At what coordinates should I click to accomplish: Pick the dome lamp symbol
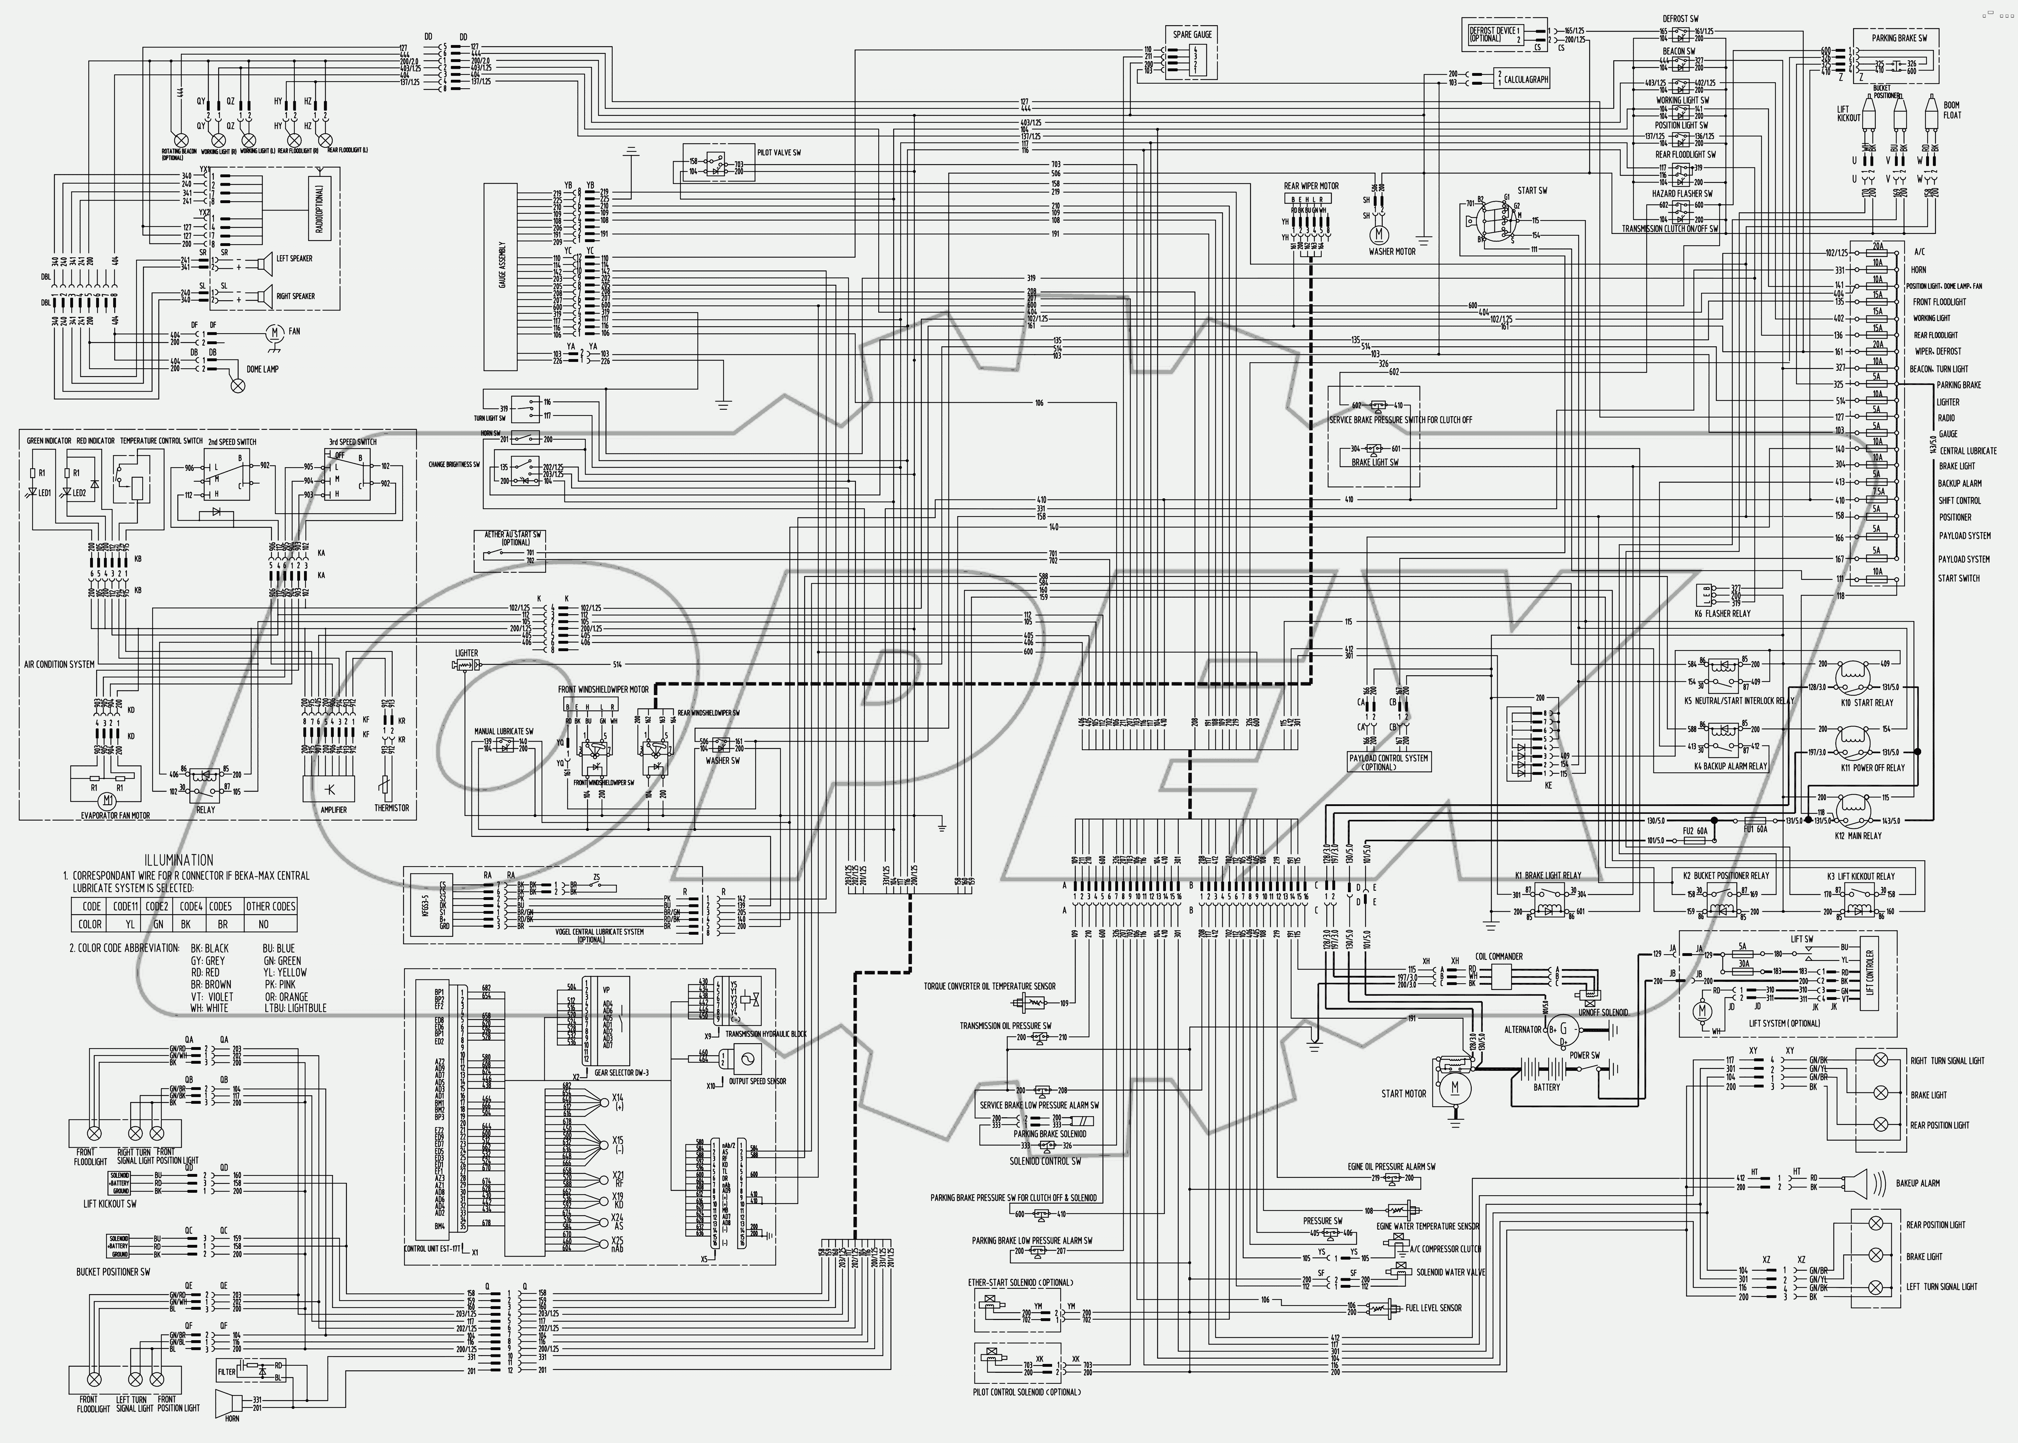point(237,385)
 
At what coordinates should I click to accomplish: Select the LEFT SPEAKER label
point(294,258)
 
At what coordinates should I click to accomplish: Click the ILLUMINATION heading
point(179,860)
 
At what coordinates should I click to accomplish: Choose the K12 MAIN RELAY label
point(1858,835)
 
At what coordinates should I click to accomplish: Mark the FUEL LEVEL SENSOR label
point(1433,1308)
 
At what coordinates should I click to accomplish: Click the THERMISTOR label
point(391,808)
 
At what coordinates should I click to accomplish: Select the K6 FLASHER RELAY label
point(1722,613)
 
